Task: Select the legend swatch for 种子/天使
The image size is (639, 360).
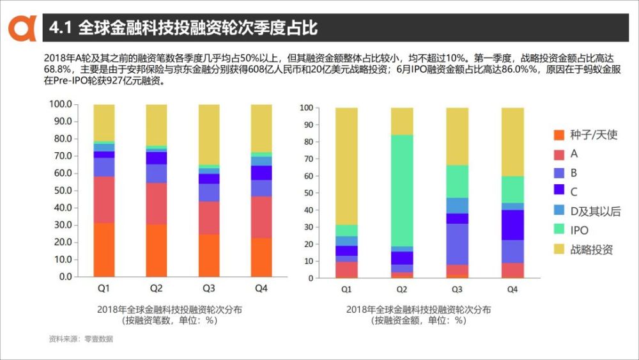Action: (x=559, y=135)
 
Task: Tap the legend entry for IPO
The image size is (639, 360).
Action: (x=579, y=230)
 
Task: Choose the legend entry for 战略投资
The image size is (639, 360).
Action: (x=591, y=249)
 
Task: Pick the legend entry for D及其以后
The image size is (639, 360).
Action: (x=595, y=212)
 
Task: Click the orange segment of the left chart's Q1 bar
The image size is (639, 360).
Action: (x=104, y=250)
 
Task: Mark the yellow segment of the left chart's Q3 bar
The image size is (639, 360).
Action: (x=209, y=134)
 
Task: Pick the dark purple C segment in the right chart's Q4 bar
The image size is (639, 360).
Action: (x=512, y=224)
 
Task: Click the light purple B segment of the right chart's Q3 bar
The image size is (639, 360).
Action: (x=457, y=244)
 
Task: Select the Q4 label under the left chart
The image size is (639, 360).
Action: (x=261, y=288)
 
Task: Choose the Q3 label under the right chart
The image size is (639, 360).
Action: (x=457, y=290)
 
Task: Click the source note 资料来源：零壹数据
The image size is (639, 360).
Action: (x=81, y=339)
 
